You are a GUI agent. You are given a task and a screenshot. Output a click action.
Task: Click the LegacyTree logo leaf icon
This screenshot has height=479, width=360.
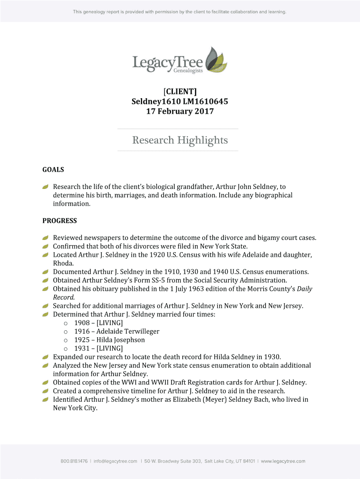pyautogui.click(x=216, y=59)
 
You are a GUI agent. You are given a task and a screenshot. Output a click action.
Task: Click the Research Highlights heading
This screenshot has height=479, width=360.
pyautogui.click(x=180, y=140)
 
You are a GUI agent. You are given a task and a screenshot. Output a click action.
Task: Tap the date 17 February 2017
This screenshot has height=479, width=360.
pyautogui.click(x=180, y=111)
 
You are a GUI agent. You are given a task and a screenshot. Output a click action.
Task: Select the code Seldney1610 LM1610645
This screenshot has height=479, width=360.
pyautogui.click(x=180, y=101)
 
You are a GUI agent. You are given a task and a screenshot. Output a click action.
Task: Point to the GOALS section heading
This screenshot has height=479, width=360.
pyautogui.click(x=53, y=170)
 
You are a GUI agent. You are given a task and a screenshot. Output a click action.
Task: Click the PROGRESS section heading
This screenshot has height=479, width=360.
pyautogui.click(x=60, y=221)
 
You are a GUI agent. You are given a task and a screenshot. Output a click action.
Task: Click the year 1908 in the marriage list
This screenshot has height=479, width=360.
pyautogui.click(x=82, y=323)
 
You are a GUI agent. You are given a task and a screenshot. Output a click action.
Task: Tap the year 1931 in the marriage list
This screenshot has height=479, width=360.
pyautogui.click(x=82, y=348)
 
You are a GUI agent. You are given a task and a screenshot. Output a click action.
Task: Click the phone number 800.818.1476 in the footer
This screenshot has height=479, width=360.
pyautogui.click(x=74, y=461)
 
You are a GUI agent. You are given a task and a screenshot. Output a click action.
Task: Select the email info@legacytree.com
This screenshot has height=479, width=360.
pyautogui.click(x=115, y=461)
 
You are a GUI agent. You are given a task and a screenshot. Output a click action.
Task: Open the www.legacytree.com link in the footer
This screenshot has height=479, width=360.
pyautogui.click(x=283, y=461)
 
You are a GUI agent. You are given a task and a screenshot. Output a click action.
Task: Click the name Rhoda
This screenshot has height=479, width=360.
pyautogui.click(x=63, y=263)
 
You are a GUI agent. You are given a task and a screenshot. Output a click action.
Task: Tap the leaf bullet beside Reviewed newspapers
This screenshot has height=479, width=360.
pyautogui.click(x=45, y=238)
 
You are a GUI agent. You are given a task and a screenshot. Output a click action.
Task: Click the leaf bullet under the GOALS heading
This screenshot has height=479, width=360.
pyautogui.click(x=45, y=187)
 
